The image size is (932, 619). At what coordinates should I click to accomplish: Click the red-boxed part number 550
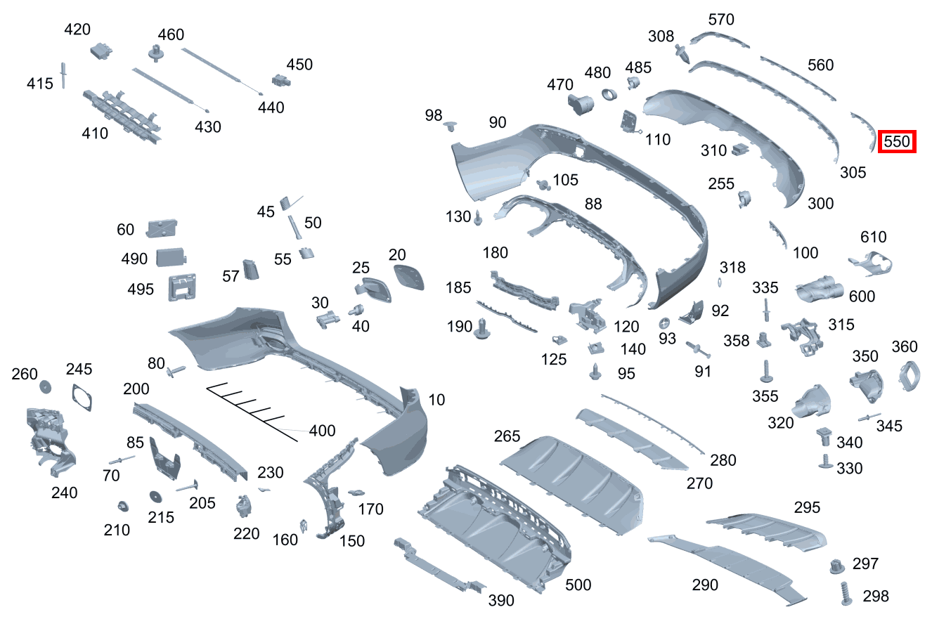897,142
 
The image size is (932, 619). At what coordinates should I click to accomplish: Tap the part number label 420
77,30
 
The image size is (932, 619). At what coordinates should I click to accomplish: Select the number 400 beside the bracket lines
322,431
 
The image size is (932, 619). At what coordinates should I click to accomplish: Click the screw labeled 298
846,594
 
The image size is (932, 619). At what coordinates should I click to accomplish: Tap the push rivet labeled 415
64,75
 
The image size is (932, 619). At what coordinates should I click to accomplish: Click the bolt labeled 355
765,370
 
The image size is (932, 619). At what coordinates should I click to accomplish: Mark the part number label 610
873,237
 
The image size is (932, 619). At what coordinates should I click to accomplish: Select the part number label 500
578,585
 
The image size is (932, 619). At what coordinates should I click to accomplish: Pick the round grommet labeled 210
123,506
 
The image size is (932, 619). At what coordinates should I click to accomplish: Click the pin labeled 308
682,52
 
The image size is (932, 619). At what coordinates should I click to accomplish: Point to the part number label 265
507,436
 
